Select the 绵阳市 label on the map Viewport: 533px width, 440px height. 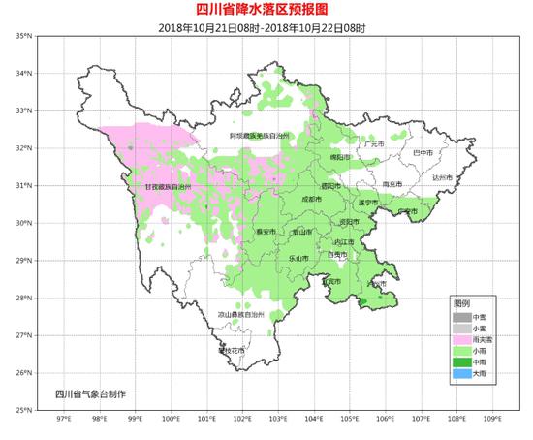tap(334, 156)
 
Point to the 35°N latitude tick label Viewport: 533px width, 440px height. tap(21, 36)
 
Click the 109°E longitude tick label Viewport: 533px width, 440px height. tap(492, 420)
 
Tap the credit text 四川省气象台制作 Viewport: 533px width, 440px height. tap(90, 394)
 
